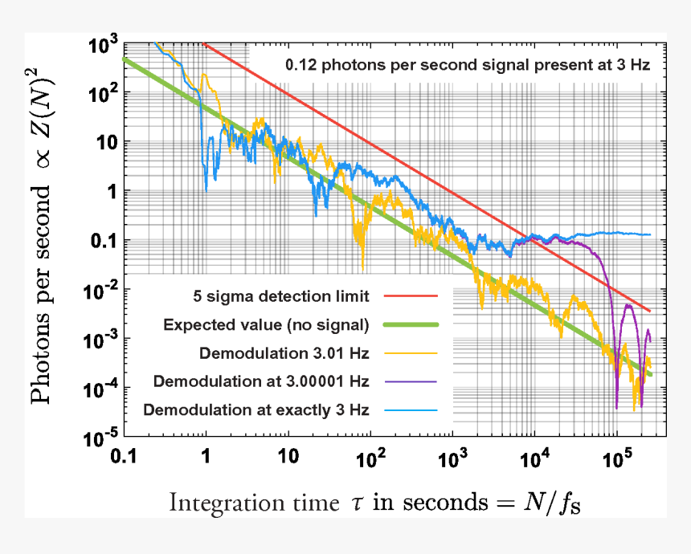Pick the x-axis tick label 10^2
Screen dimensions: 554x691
click(x=370, y=458)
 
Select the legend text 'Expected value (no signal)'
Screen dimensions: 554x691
click(x=265, y=324)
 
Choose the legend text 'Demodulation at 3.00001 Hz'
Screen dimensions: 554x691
click(x=261, y=381)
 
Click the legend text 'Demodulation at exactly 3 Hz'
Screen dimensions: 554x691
click(x=256, y=409)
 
